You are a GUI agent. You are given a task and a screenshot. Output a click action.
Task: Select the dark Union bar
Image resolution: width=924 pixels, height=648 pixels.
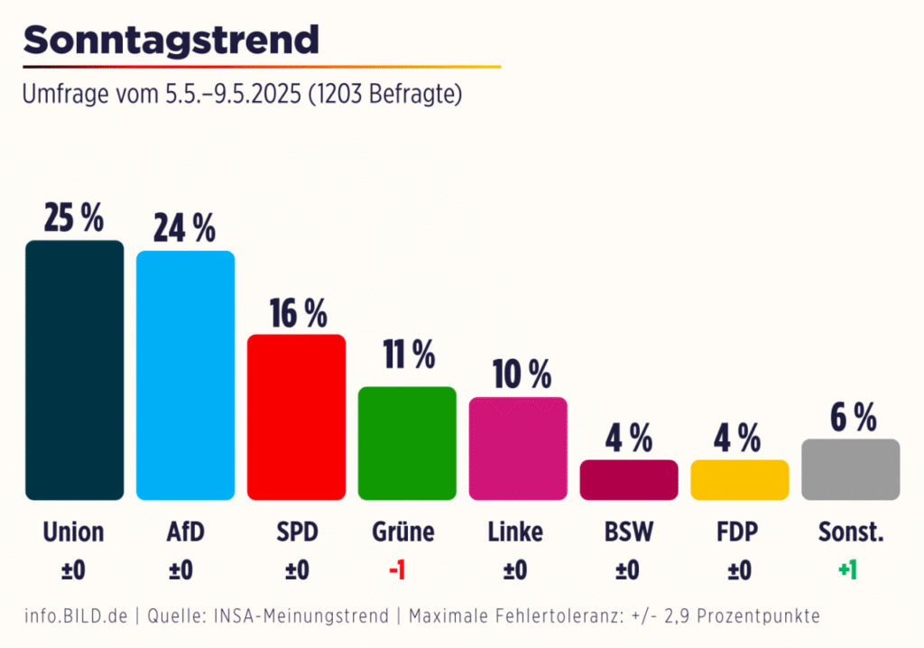pos(74,370)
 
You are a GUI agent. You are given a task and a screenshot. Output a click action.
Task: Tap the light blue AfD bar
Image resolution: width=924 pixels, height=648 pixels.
pos(185,375)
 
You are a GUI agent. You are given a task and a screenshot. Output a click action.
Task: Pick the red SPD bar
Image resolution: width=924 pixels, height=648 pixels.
pos(296,417)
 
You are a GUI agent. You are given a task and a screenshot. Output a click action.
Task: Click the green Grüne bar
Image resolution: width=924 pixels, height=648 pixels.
pos(407,443)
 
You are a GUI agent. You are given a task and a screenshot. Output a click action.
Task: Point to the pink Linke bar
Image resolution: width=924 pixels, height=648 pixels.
pos(518,449)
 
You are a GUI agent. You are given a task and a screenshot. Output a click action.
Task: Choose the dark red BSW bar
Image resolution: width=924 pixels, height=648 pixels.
pos(628,480)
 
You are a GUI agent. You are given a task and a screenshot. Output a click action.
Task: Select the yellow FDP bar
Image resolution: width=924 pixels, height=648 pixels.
pos(739,480)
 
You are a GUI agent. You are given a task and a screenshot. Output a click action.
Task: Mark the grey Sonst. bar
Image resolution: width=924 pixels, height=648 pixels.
pos(850,469)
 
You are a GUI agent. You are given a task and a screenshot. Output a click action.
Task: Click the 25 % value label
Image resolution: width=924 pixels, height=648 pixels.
pos(74,218)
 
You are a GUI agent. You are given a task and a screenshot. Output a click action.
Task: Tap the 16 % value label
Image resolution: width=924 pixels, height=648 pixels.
pos(298,313)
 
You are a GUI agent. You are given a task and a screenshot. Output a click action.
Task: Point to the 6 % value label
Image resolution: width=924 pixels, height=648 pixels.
pos(852,418)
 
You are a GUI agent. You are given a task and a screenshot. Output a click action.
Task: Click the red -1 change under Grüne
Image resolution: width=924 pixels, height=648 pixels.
pos(396,570)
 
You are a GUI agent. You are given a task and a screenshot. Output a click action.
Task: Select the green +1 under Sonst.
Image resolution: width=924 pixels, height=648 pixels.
pos(847,570)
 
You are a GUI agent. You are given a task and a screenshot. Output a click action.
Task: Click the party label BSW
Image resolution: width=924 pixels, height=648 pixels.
pos(627,532)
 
